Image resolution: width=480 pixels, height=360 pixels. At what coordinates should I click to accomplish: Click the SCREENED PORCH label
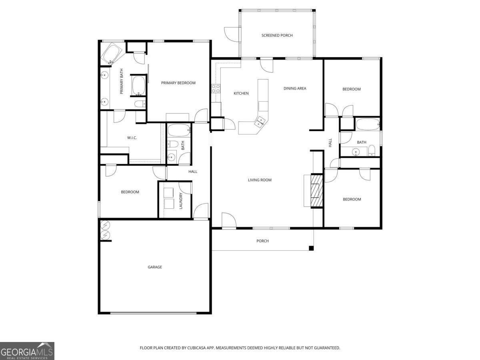coord(277,36)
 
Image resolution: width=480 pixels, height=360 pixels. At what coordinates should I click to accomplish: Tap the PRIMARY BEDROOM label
coord(178,83)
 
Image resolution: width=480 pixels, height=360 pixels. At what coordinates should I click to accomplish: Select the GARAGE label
coord(155,267)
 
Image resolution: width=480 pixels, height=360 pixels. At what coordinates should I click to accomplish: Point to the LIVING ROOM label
coord(260,180)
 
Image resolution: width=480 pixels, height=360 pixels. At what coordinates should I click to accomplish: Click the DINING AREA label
coord(295,88)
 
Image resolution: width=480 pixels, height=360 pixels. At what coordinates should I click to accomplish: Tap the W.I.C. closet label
coord(132,138)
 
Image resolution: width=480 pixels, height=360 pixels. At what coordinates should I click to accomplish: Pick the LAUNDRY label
coord(181,201)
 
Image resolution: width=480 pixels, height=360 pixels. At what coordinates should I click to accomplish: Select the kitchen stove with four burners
coord(216,88)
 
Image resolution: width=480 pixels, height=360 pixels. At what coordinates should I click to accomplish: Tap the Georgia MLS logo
coord(27,351)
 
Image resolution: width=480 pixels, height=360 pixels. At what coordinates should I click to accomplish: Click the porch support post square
coord(311,248)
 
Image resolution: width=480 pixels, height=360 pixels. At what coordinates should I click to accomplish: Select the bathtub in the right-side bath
coord(367,124)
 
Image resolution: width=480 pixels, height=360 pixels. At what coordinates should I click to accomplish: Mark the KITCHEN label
coord(241,93)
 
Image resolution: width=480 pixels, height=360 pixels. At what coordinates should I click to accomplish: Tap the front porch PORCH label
coord(262,241)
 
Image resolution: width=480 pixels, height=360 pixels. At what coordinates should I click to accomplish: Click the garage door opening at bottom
coord(155,313)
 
